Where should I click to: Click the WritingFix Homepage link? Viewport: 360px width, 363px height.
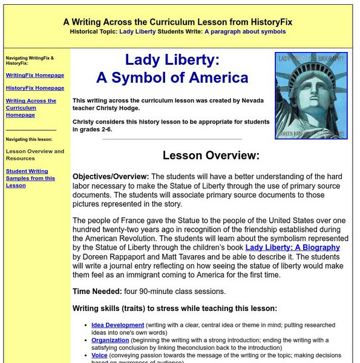coord(34,75)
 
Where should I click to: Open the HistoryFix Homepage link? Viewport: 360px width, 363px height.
coord(34,88)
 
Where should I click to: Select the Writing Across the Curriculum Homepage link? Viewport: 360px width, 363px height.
coord(31,108)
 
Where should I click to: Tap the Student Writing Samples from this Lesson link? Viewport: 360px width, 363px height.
coord(30,178)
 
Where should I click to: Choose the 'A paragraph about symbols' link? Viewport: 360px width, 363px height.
coord(244,31)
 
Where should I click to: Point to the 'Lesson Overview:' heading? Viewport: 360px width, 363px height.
coord(211,155)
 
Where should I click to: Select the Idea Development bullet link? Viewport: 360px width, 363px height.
coord(117,325)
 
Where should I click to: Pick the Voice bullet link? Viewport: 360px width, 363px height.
coord(99,355)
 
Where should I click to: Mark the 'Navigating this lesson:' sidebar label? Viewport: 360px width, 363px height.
coord(31,139)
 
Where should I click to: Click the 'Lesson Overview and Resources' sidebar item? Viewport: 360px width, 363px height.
coord(34,155)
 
